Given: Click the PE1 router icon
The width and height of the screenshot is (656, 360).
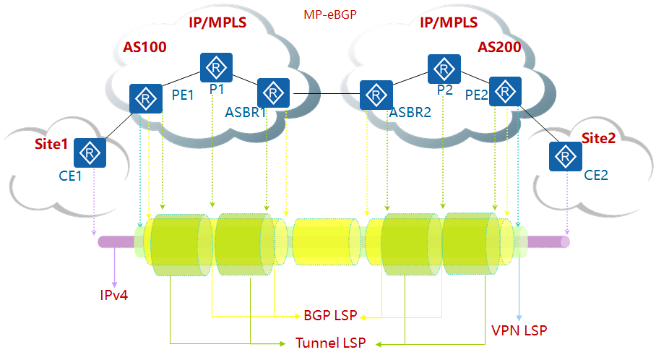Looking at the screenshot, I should pos(147,98).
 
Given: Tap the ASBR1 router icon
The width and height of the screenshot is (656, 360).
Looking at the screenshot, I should pos(273,93).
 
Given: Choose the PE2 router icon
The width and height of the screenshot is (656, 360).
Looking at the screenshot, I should pos(505,91).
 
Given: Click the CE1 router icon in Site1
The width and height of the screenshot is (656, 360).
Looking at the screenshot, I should pos(90,153).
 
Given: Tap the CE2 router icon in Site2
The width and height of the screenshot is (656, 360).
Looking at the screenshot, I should pos(565,157).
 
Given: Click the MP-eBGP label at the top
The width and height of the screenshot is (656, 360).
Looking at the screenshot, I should pos(330,13).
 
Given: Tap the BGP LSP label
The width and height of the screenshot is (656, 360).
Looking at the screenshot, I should pos(330,317).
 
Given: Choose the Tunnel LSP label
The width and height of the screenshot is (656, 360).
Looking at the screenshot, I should pos(330,343).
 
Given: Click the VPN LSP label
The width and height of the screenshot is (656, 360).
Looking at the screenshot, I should pos(518,331).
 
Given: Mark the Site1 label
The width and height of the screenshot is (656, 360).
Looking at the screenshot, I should pos(51,144).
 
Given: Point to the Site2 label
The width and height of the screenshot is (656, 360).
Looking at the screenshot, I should pos(598,139).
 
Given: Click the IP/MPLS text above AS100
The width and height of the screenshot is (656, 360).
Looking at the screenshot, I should pos(217,22).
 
